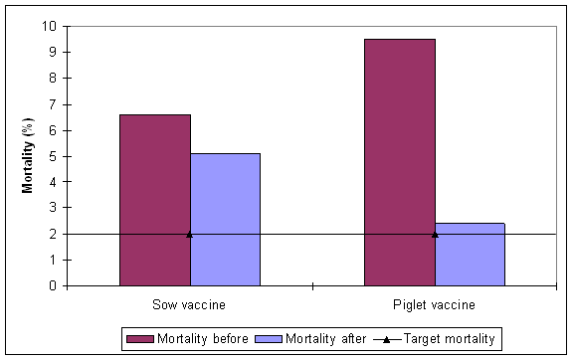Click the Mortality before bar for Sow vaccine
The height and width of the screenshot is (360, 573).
pyautogui.click(x=155, y=200)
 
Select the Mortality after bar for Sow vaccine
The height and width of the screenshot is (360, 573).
pyautogui.click(x=225, y=220)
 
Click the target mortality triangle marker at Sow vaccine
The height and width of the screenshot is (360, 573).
pyautogui.click(x=190, y=234)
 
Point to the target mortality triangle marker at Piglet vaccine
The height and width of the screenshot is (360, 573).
pyautogui.click(x=435, y=234)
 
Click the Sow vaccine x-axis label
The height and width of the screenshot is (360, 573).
pyautogui.click(x=190, y=304)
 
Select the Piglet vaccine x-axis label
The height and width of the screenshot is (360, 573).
pyautogui.click(x=435, y=304)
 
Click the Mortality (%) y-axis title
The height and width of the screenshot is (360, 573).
pyautogui.click(x=29, y=155)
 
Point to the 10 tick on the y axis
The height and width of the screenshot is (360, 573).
pyautogui.click(x=58, y=26)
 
